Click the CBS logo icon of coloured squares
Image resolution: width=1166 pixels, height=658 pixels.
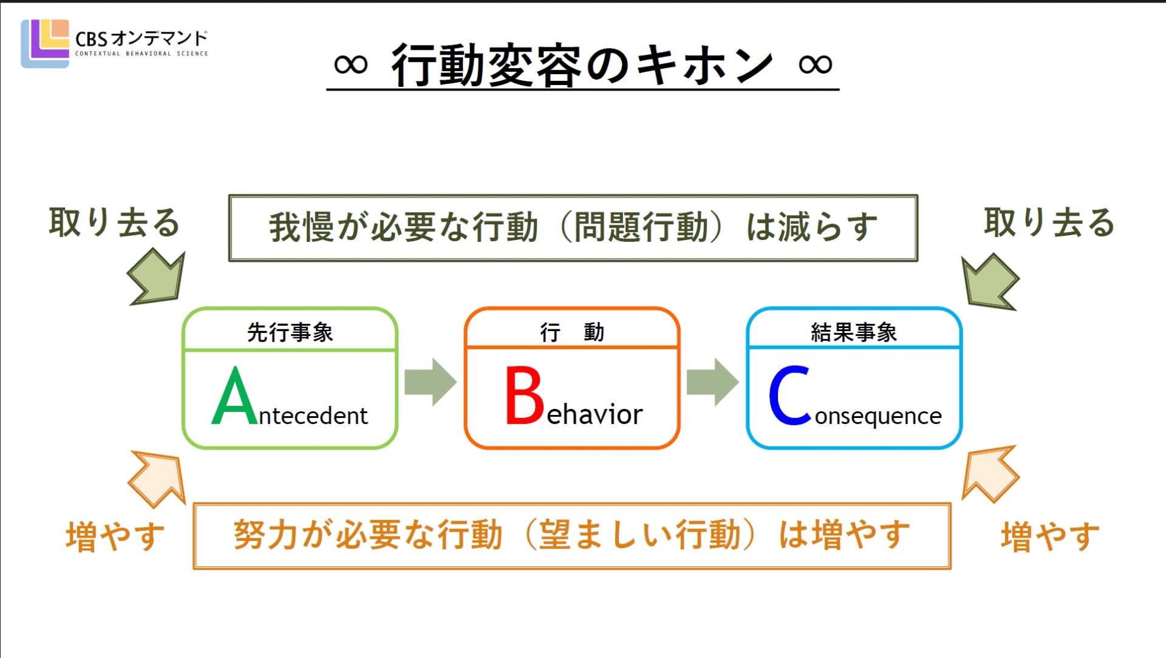45,44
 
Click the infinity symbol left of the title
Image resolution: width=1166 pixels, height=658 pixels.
351,64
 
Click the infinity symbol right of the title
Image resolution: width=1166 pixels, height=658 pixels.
815,64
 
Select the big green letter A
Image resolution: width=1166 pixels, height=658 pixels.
235,396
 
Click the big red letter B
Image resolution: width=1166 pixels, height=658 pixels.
524,395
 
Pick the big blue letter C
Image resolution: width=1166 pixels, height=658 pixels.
789,395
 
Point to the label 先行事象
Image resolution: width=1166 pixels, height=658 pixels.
290,332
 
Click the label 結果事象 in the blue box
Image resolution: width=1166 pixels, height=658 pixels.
854,332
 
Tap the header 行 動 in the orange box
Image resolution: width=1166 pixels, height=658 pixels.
572,332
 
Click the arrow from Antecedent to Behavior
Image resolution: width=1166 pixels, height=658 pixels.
431,382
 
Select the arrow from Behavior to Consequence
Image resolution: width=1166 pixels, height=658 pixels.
713,382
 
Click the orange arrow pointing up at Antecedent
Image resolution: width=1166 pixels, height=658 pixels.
157,478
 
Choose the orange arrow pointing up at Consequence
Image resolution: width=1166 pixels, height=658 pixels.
990,474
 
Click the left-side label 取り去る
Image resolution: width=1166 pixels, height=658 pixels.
115,222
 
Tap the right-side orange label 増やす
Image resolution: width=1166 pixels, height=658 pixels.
1050,537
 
